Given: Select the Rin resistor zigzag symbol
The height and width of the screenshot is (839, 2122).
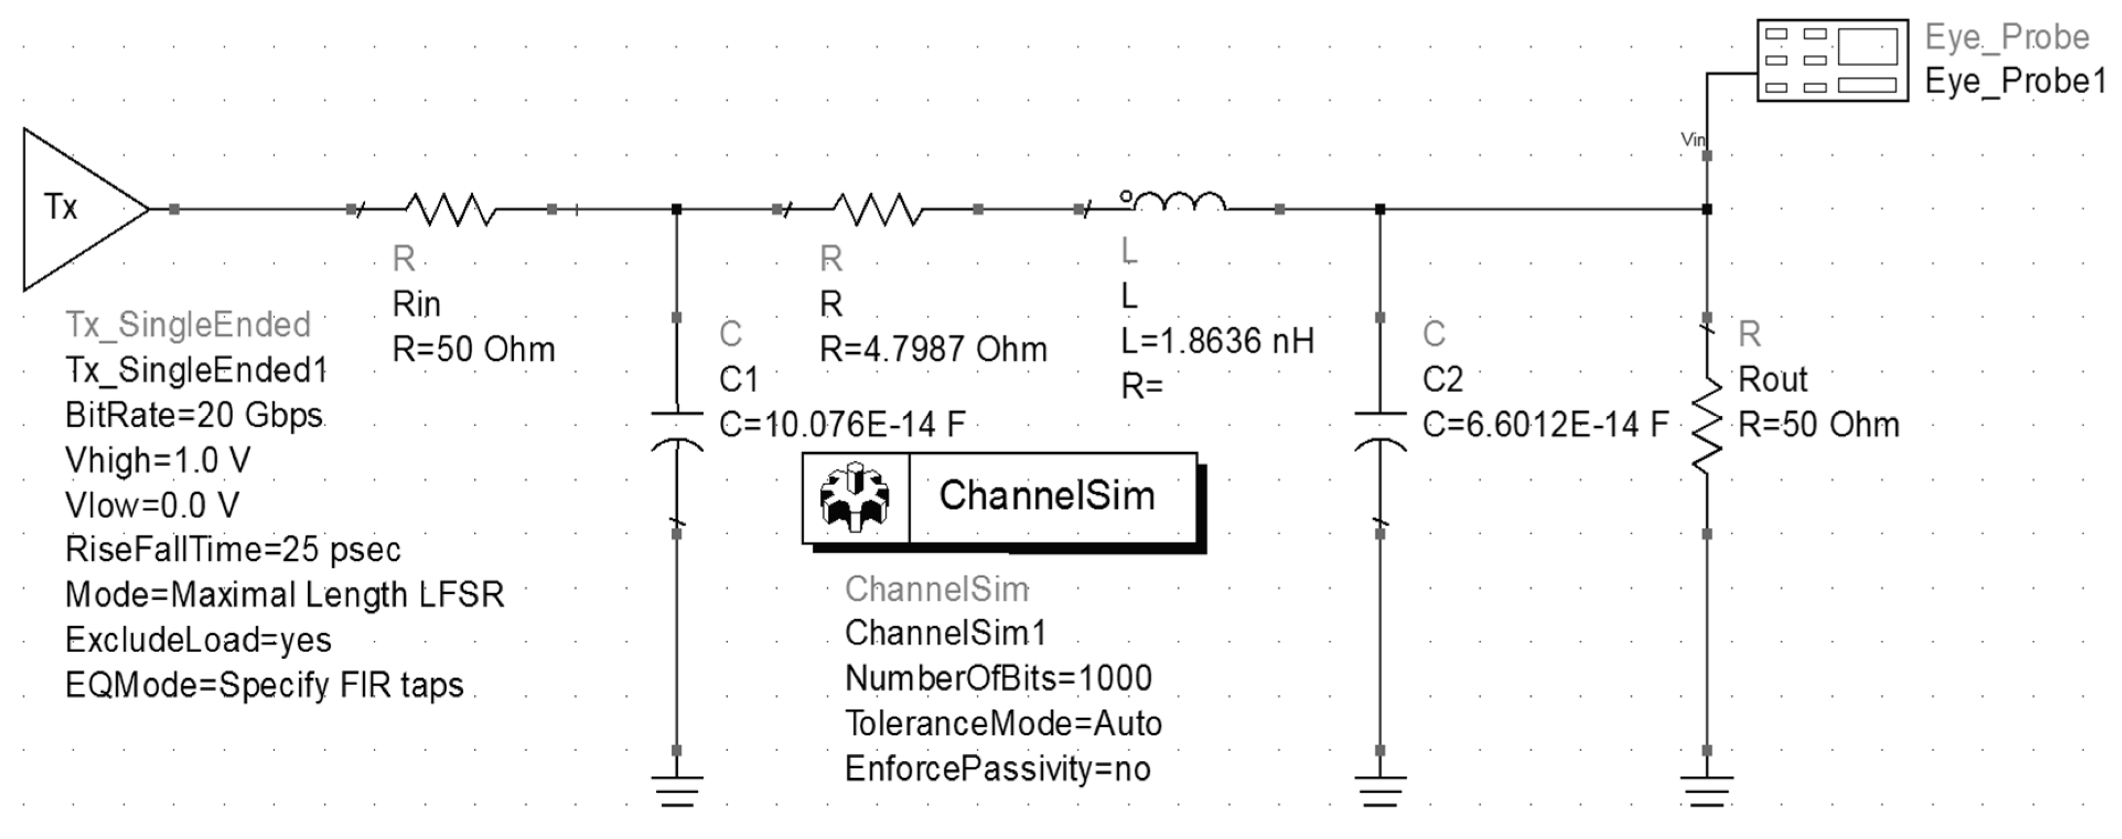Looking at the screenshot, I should tap(450, 209).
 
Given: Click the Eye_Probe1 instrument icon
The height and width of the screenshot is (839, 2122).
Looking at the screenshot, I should tap(1832, 61).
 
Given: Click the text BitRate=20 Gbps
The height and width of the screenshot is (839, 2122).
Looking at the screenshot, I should tap(193, 415).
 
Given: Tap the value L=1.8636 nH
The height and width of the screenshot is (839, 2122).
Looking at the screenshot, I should tap(1217, 341).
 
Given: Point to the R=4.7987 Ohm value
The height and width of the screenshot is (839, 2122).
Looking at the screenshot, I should tap(932, 350).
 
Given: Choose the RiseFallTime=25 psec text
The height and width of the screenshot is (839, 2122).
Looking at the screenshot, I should tap(233, 549).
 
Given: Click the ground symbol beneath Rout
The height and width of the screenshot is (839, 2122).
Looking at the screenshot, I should tap(1707, 789).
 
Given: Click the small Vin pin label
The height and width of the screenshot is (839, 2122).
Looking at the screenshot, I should tap(1692, 140).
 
